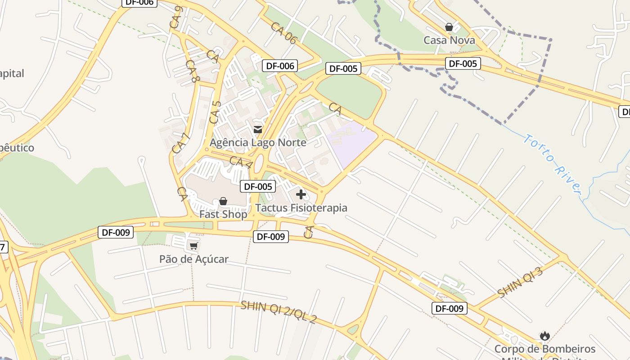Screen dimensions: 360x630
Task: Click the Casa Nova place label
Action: point(449,40)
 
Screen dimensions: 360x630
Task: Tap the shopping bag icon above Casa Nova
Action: point(449,27)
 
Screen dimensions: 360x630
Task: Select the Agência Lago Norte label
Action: point(258,143)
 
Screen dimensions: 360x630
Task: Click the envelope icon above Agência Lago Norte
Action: point(258,130)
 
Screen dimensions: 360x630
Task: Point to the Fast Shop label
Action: point(223,214)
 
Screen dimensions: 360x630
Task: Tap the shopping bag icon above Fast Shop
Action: point(223,201)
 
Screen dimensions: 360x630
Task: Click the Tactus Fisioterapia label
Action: point(301,208)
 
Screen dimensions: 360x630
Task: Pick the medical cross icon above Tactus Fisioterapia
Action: point(301,194)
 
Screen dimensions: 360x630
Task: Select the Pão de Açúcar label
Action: point(194,259)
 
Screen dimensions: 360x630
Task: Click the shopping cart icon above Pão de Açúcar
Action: point(193,246)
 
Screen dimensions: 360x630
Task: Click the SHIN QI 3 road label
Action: point(520,282)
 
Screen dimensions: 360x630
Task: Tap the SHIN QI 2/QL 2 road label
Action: point(279,312)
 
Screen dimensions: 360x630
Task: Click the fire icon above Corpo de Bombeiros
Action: point(545,336)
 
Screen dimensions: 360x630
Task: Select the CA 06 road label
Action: point(283,33)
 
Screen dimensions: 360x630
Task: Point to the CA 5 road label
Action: point(215,113)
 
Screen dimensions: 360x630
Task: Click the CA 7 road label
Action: point(178,141)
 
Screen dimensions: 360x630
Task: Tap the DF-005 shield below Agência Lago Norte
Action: point(258,186)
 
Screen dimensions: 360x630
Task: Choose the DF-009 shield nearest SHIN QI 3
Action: point(449,308)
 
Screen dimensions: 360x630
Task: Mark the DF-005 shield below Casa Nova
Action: point(463,63)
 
